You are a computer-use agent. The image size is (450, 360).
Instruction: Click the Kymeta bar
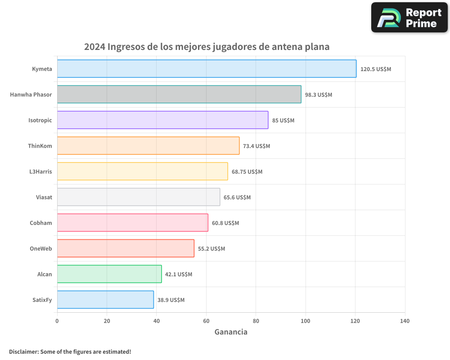point(207,69)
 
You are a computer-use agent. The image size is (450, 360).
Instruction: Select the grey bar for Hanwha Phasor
point(179,94)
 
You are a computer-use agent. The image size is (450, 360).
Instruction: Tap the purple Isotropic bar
point(162,120)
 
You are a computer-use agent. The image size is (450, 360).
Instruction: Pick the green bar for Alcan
point(109,274)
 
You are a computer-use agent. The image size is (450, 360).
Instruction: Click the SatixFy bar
point(105,300)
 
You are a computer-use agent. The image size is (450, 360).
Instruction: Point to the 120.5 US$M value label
point(376,69)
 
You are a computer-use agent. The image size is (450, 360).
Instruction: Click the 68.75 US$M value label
point(247,172)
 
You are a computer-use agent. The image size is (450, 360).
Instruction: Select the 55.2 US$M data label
point(211,249)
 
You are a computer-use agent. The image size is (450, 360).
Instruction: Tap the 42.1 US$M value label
point(179,274)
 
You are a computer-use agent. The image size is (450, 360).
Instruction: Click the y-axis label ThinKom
point(40,146)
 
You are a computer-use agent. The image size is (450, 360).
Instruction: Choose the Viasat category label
point(44,197)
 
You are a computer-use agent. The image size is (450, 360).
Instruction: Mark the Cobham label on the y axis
point(41,223)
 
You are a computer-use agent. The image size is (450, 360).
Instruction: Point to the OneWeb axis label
point(41,248)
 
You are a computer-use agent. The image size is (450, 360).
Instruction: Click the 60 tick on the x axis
point(206,321)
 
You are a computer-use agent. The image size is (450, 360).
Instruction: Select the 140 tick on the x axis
point(405,321)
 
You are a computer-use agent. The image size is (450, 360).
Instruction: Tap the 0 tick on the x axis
point(57,321)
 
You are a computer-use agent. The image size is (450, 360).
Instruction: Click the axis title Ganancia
point(231,332)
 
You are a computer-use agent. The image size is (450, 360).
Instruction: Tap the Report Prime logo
point(409,18)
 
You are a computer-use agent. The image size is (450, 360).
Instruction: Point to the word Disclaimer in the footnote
point(23,351)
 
